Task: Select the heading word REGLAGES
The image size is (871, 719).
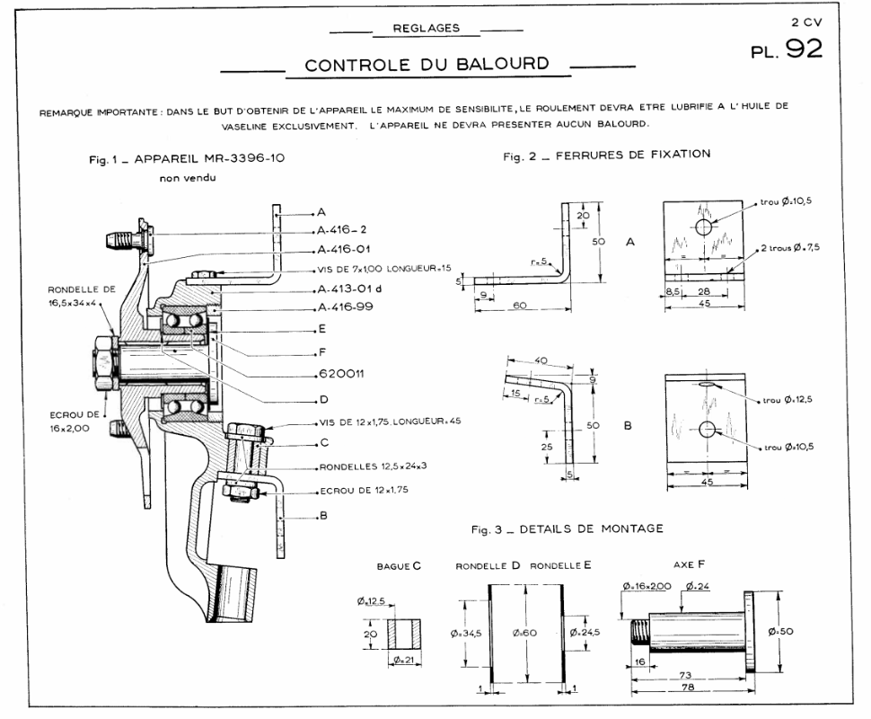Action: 427,28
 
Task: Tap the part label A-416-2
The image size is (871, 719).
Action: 346,231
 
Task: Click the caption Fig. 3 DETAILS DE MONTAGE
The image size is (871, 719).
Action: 567,529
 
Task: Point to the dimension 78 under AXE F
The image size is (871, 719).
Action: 689,687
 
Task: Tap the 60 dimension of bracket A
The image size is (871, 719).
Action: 518,306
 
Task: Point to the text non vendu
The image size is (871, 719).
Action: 187,177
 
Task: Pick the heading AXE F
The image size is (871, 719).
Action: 689,567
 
